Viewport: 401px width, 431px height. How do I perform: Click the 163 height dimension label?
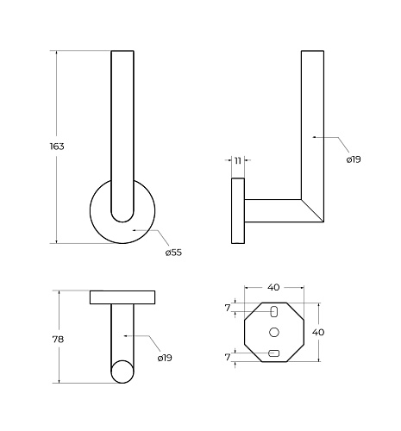[57, 147]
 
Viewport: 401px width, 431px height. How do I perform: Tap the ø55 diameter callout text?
[173, 253]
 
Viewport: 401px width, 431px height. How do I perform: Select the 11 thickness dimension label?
[238, 160]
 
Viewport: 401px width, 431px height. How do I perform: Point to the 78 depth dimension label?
[58, 340]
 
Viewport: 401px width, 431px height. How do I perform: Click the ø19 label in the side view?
[354, 159]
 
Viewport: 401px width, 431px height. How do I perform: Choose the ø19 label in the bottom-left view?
[165, 358]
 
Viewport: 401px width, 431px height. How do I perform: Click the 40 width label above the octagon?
[273, 287]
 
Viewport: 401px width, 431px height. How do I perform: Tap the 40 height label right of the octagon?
[318, 332]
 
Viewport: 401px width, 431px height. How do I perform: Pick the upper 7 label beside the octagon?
[228, 308]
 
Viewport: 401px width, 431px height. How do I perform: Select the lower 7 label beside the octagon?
[228, 357]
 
